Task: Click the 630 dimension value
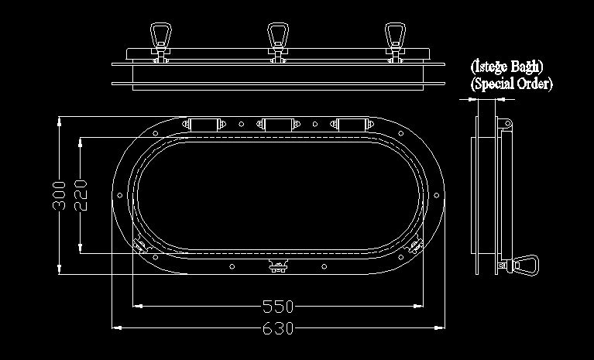pyautogui.click(x=278, y=328)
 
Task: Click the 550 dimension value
pyautogui.click(x=278, y=307)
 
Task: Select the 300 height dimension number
pyautogui.click(x=59, y=195)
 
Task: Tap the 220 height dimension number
pyautogui.click(x=81, y=195)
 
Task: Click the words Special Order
pyautogui.click(x=511, y=84)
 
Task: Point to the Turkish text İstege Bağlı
pyautogui.click(x=506, y=67)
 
